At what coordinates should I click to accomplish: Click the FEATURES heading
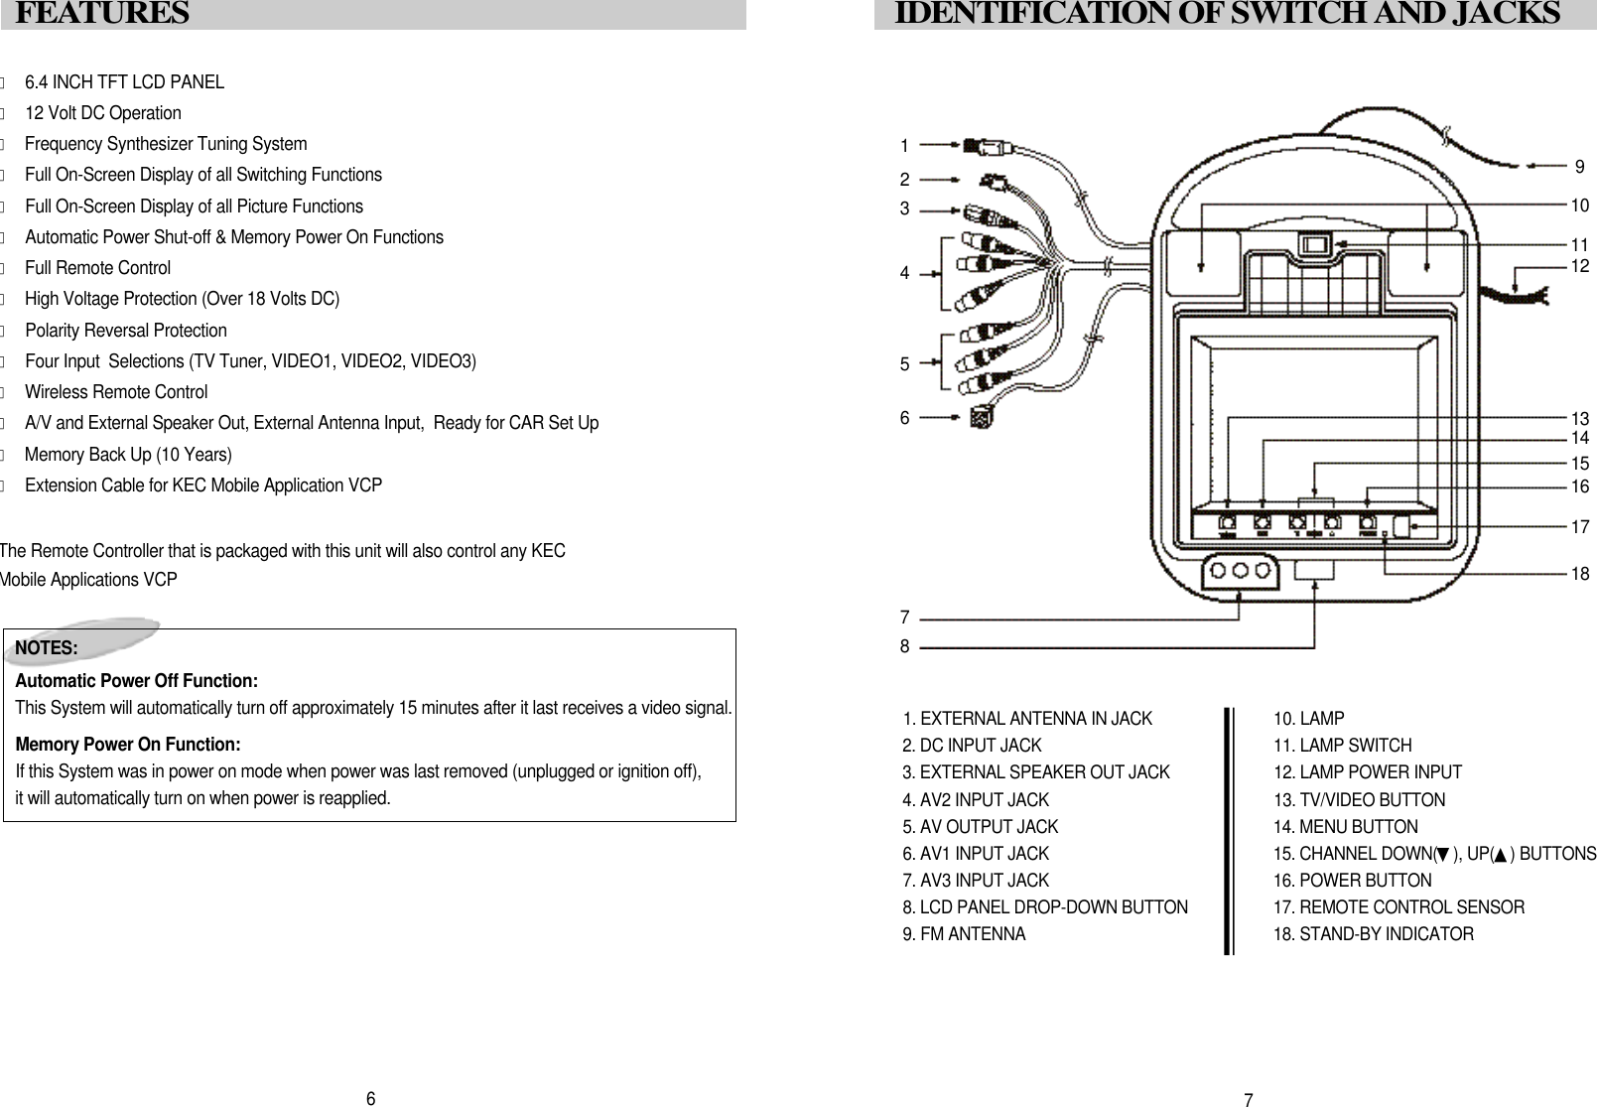coord(103,14)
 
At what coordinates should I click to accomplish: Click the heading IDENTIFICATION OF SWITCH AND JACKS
coord(1227,14)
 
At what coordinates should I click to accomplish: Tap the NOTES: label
coord(47,648)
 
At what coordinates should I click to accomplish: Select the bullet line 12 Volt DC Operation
coord(102,113)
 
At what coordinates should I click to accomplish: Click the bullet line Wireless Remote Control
coord(116,392)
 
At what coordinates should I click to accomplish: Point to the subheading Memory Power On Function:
coord(128,745)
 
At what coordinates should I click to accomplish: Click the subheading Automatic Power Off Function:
coord(137,681)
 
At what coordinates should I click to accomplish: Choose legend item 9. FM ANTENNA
coord(964,934)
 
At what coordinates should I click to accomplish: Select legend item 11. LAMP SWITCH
coord(1342,746)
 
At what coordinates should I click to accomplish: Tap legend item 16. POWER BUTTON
coord(1352,881)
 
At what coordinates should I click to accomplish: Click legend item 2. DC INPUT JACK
coord(972,746)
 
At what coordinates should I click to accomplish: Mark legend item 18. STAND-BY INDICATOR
coord(1374,934)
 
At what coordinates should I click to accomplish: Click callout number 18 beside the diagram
coord(1580,574)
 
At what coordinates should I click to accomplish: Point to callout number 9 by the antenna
coord(1580,166)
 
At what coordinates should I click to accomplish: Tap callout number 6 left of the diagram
coord(904,419)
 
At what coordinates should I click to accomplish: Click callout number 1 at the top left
coord(904,147)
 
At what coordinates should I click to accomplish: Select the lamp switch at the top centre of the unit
coord(1314,244)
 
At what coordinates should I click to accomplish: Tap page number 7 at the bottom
coord(1249,1099)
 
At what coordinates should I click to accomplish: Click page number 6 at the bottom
coord(370,1098)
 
